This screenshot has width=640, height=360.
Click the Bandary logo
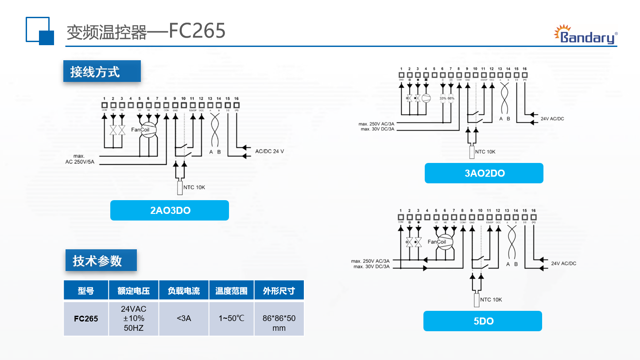(586, 35)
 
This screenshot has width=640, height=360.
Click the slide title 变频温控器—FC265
(146, 31)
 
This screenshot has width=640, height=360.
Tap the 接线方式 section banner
(101, 71)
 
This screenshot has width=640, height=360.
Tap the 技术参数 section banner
(100, 261)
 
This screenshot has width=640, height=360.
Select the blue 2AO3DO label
(170, 210)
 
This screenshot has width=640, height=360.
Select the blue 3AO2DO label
(484, 173)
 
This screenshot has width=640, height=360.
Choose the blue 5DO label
(483, 321)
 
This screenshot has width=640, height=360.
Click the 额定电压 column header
(133, 290)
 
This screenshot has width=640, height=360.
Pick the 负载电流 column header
(184, 290)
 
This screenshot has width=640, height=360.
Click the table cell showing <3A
(184, 318)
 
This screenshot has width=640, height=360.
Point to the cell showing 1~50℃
(231, 318)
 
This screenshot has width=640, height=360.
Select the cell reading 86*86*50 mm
(279, 323)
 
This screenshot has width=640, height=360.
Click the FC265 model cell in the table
(86, 318)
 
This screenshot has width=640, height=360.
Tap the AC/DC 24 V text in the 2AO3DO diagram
(269, 151)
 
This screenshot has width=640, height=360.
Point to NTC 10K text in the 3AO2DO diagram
(485, 152)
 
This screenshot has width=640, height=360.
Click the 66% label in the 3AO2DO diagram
(451, 98)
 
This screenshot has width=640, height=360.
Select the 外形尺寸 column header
(279, 290)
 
